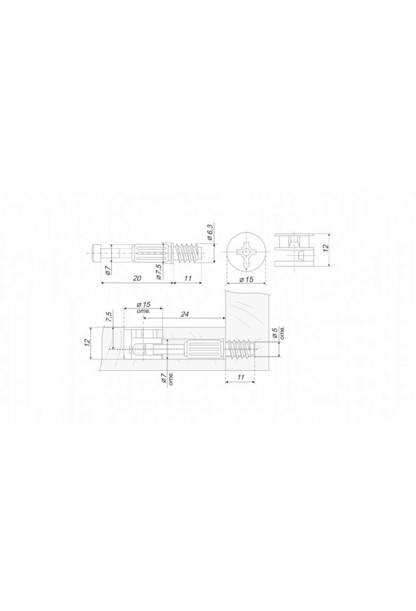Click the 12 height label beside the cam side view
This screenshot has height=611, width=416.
325,248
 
